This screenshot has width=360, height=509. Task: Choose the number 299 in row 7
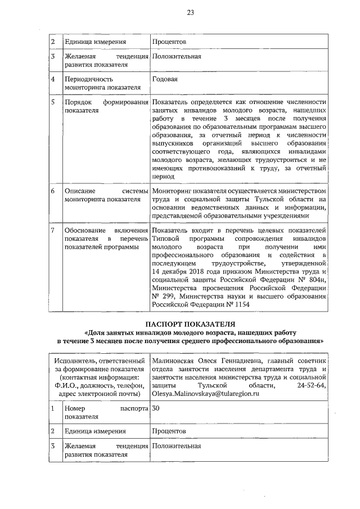click(169, 296)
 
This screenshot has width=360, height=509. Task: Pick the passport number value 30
click(156, 408)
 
